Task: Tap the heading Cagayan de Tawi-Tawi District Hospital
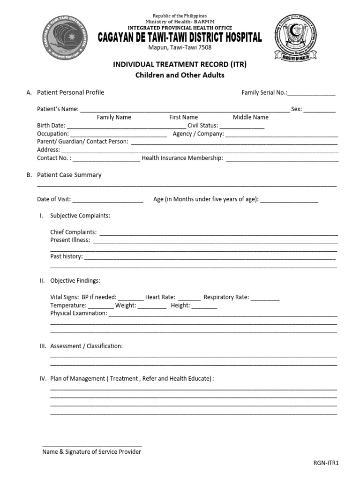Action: pyautogui.click(x=180, y=38)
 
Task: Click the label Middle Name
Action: pyautogui.click(x=251, y=117)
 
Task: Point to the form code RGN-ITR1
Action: pyautogui.click(x=326, y=463)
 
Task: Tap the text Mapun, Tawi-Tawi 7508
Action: pyautogui.click(x=180, y=48)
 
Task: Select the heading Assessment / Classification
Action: pyautogui.click(x=86, y=346)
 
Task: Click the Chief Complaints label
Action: pyautogui.click(x=74, y=232)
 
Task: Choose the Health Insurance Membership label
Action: pyautogui.click(x=182, y=158)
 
